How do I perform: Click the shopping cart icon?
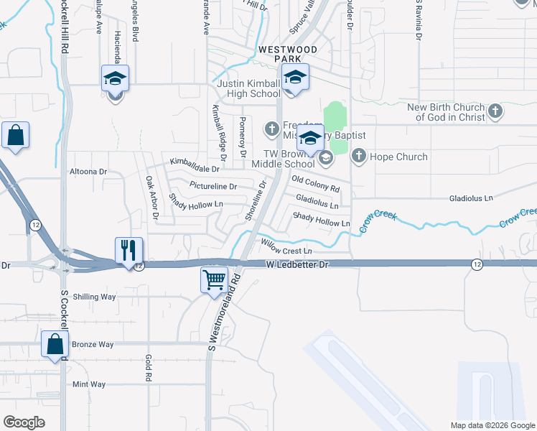click(x=215, y=279)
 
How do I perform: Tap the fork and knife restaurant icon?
click(x=129, y=251)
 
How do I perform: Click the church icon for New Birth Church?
click(x=495, y=111)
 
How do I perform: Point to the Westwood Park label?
click(x=287, y=54)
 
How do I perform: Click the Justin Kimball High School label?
click(x=248, y=88)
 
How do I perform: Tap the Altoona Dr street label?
click(x=88, y=172)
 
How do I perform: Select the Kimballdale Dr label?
click(x=195, y=169)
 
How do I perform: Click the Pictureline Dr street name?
click(x=213, y=187)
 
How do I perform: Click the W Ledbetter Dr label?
click(x=296, y=265)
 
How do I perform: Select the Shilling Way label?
click(x=94, y=297)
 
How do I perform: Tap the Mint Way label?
click(x=89, y=385)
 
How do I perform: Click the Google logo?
click(x=24, y=422)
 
